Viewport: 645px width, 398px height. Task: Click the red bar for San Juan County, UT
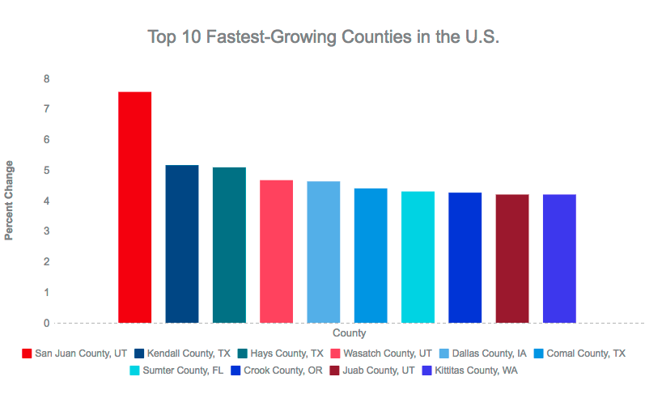[134, 207]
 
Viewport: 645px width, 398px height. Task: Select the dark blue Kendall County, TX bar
[181, 243]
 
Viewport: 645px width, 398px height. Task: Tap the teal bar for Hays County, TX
[229, 245]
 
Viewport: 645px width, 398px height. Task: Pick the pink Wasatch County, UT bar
[276, 252]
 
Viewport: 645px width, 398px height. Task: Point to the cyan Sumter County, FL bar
[418, 257]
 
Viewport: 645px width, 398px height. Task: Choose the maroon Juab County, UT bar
[511, 259]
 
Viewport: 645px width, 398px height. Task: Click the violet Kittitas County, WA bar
[559, 259]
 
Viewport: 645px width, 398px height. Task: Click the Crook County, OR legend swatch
[234, 370]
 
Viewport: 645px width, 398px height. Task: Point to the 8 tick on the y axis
[47, 78]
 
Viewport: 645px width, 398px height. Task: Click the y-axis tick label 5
[47, 171]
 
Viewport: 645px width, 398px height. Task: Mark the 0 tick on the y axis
[47, 323]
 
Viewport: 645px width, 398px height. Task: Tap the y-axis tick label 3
[47, 231]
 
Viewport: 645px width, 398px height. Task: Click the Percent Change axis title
[10, 201]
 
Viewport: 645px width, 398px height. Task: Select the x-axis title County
[349, 333]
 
